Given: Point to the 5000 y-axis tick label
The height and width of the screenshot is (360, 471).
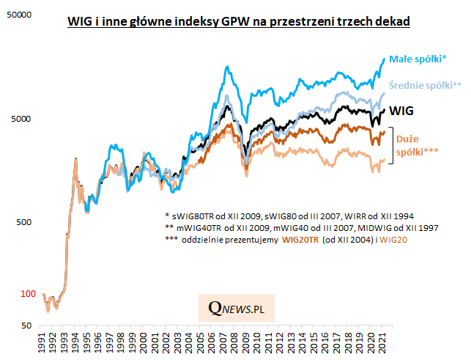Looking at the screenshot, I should pos(23,119).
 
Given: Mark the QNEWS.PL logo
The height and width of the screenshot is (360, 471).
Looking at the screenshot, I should pos(237,309).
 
